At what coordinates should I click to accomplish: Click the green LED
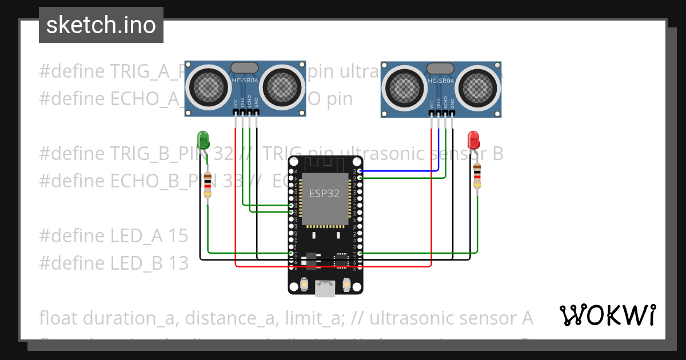[203, 139]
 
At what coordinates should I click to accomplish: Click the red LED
[473, 139]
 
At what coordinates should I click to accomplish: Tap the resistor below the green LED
[208, 185]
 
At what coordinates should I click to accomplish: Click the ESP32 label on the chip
[324, 194]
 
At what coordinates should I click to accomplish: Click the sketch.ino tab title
[101, 25]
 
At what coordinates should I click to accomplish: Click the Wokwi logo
[607, 315]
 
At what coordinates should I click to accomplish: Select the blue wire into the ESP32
[400, 170]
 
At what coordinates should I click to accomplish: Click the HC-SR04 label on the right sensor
[440, 81]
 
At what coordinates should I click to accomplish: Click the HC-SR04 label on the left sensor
[245, 81]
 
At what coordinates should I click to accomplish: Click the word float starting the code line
[59, 318]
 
